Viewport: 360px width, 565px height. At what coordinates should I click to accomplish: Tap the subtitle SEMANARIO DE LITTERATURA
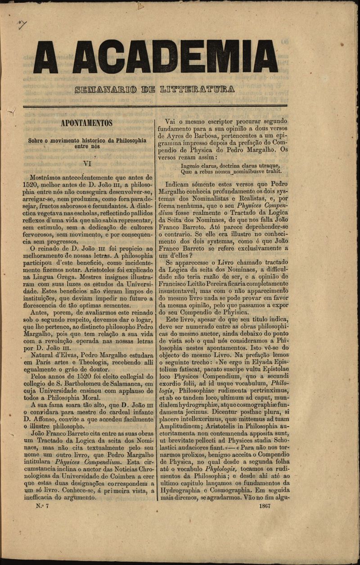[155, 89]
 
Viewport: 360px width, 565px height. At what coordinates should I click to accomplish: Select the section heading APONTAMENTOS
[87, 123]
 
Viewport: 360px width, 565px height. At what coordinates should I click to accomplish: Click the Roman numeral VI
[87, 164]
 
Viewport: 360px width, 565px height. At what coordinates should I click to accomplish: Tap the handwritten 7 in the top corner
[22, 24]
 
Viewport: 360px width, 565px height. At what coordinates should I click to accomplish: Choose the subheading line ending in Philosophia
[87, 140]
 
